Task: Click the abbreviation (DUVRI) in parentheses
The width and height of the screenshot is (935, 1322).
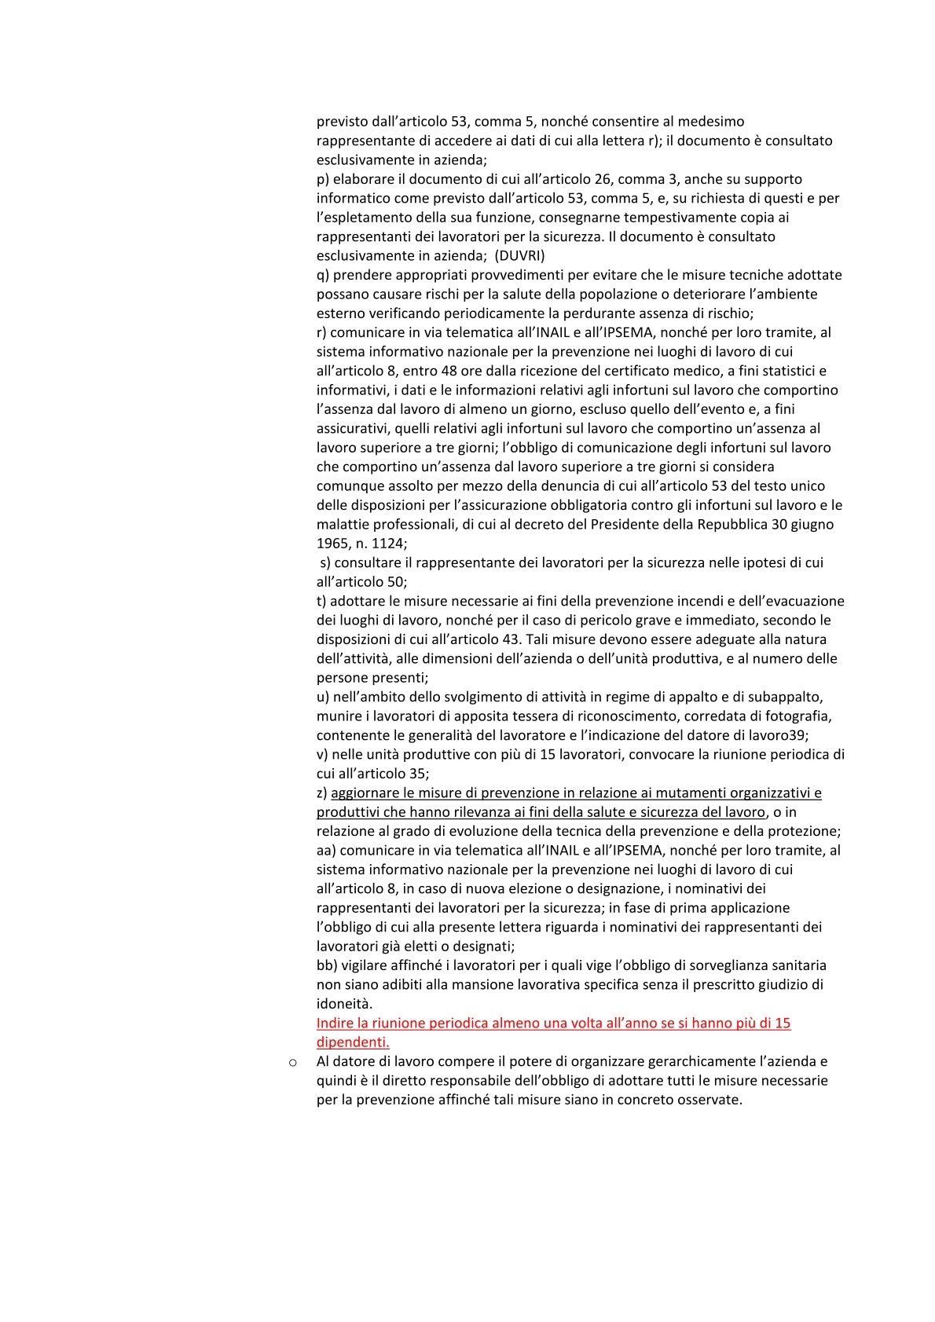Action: [519, 255]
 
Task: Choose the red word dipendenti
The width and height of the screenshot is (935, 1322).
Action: [353, 1042]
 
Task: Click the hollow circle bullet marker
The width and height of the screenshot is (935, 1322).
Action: [293, 1062]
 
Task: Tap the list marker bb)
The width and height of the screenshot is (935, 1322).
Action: [327, 965]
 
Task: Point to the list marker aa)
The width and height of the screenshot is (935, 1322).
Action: [326, 850]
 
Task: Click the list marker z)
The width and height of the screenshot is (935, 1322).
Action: [322, 793]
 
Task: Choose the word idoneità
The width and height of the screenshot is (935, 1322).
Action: [344, 1003]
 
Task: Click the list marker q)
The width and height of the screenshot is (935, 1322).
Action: [322, 275]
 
